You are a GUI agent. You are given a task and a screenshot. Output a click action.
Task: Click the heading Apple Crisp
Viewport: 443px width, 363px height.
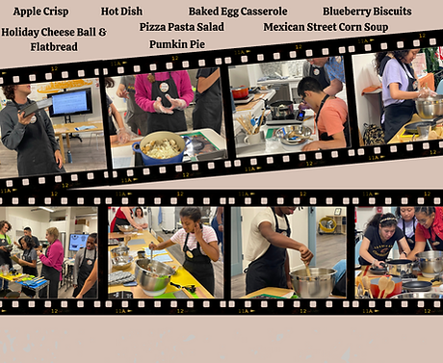coord(40,12)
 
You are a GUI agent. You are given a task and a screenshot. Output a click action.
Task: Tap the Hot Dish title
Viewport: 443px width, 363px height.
coord(121,12)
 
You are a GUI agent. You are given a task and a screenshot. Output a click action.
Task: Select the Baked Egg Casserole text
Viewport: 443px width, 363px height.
coord(238,12)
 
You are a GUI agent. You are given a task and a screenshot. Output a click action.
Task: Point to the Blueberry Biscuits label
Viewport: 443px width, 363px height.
coord(367,12)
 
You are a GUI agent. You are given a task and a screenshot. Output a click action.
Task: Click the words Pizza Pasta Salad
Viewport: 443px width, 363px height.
coord(182,27)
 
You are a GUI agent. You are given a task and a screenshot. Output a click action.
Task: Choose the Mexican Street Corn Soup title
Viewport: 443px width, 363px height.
coord(326,27)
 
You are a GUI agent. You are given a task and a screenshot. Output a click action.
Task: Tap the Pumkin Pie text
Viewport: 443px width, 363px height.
coord(177,44)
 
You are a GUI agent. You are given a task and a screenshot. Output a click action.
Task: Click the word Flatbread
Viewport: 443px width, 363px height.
coord(54,47)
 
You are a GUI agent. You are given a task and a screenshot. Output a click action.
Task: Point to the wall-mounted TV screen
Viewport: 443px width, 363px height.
coord(70,102)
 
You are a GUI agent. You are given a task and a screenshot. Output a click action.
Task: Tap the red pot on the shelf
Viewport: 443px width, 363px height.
coord(240,91)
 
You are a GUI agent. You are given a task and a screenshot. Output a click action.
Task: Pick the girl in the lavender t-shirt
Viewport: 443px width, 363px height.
coord(397,93)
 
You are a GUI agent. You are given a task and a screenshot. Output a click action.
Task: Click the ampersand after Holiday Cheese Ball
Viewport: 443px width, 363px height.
coord(102,32)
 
